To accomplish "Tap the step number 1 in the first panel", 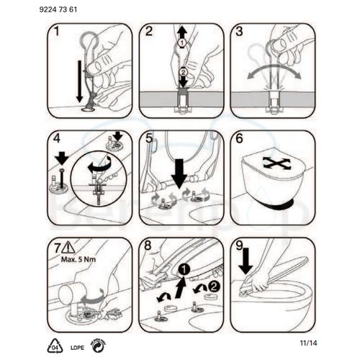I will pos(54,32).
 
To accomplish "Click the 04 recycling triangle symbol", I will pos(54,345).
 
